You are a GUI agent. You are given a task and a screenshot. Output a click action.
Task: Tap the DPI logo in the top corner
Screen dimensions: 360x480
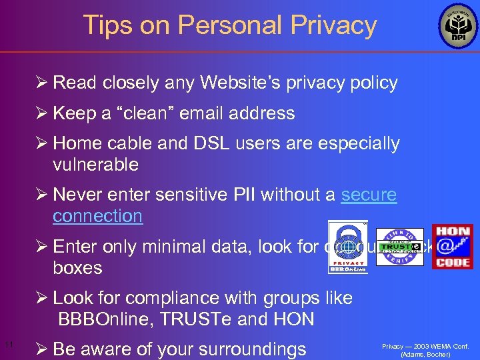click(x=458, y=27)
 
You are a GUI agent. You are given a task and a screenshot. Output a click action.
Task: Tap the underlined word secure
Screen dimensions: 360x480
click(x=369, y=194)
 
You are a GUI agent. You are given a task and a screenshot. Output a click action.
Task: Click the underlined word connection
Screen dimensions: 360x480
click(x=97, y=215)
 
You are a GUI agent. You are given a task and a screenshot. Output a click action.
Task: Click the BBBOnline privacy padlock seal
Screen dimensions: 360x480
click(x=347, y=247)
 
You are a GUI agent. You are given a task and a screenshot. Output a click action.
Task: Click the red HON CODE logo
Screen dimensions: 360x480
click(x=452, y=247)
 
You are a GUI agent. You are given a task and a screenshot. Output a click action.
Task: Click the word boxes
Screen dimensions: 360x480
click(x=77, y=268)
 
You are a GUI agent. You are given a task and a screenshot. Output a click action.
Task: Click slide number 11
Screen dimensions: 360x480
click(x=9, y=345)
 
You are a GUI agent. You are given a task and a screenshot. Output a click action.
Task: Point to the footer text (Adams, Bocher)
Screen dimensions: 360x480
click(x=425, y=354)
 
